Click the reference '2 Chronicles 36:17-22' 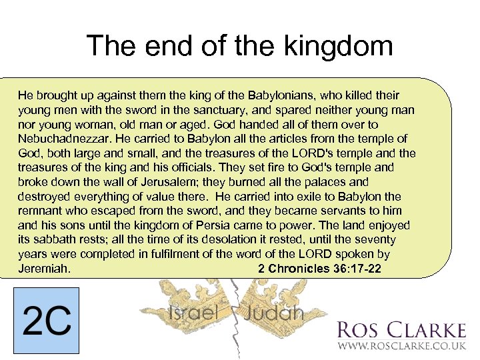[319, 269]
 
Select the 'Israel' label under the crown [194, 313]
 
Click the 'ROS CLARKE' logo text [401, 330]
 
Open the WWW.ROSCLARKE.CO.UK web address [401, 347]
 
